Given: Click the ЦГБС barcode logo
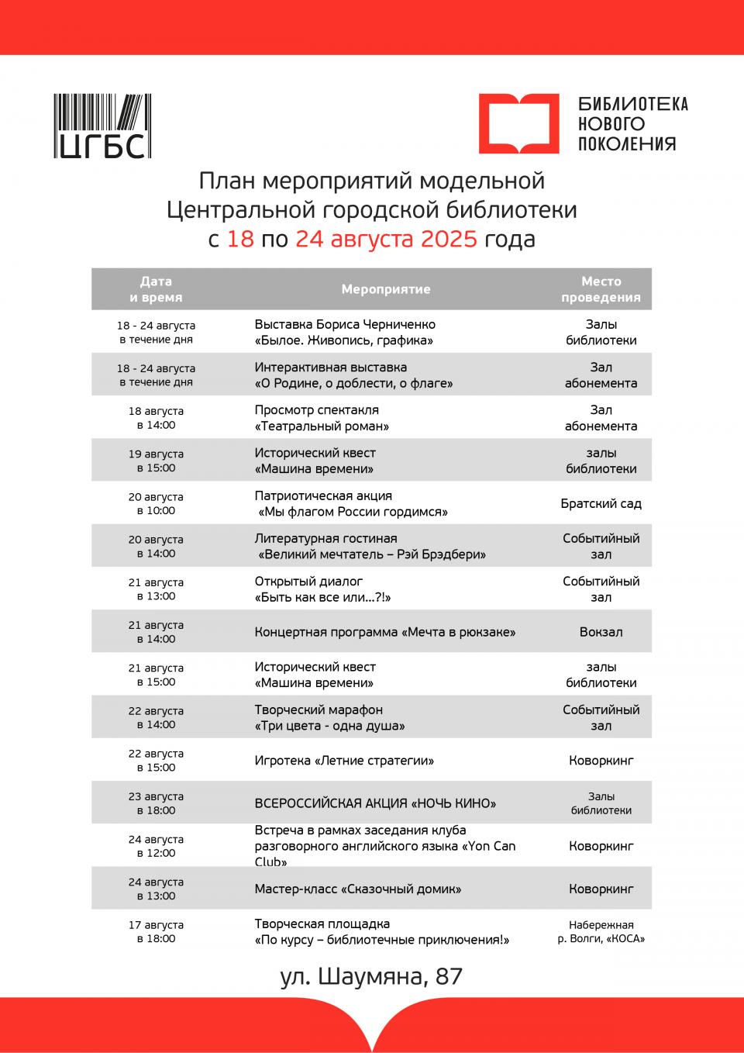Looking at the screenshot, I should (x=102, y=126).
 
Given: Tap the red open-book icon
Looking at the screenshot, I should (x=518, y=123).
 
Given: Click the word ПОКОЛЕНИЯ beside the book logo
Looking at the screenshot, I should (x=627, y=143).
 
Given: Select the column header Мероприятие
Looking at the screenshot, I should (x=385, y=289).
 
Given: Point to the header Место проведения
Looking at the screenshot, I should (x=601, y=289).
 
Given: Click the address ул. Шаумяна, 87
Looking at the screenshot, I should (x=371, y=976).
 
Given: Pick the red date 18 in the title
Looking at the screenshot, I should (x=240, y=239).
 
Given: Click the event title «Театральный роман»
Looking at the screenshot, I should (x=322, y=426).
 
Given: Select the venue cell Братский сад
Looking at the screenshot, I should (x=601, y=504).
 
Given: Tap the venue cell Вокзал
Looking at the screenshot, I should (x=601, y=632).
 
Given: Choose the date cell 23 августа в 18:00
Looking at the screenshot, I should (x=156, y=803).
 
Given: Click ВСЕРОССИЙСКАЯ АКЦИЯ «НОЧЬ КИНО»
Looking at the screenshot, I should (x=375, y=803).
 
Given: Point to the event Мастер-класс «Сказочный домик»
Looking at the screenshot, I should (x=357, y=889).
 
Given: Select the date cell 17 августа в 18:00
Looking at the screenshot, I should (x=156, y=931).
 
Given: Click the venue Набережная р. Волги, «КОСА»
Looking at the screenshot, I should (x=601, y=931).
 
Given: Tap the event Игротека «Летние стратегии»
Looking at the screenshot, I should (x=344, y=761).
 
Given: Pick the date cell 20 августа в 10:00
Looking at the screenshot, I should (x=156, y=504).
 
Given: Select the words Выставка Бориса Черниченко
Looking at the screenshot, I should (x=345, y=325).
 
